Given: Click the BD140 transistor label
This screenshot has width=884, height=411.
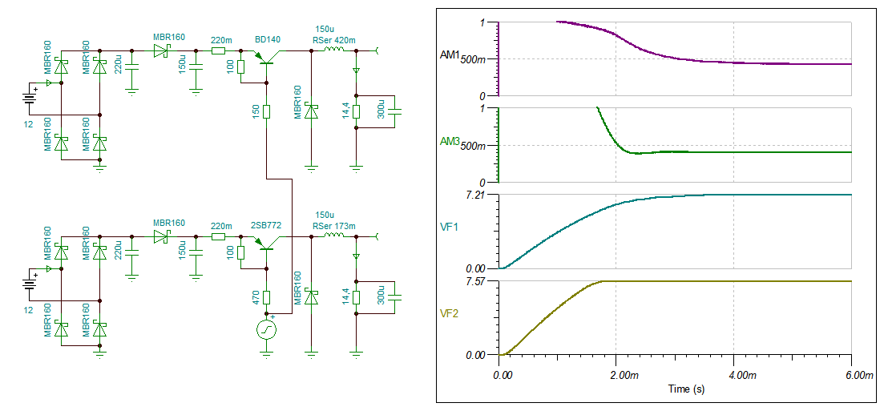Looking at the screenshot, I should [x=268, y=38].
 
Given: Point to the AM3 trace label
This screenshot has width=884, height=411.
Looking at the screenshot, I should [x=449, y=142].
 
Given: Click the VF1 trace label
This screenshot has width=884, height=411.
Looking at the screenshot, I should [x=450, y=228].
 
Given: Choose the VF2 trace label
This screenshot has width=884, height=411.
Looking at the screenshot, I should [x=450, y=314].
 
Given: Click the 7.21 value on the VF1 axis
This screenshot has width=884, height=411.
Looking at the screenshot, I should [x=476, y=195].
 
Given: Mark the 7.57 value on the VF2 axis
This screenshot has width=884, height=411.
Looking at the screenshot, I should [x=476, y=281].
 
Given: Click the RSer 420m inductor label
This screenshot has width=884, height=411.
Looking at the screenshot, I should [x=333, y=40].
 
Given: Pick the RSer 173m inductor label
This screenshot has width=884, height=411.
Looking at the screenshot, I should [x=333, y=226].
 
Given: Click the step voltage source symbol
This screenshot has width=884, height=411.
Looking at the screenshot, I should [x=266, y=329].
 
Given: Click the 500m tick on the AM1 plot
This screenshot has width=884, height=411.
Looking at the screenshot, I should [x=474, y=59].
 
